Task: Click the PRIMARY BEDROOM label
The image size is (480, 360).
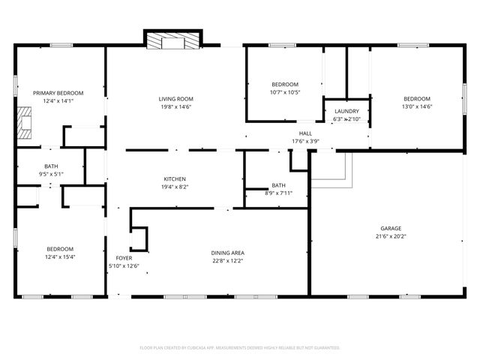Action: (58, 93)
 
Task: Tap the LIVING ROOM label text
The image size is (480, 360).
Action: (176, 99)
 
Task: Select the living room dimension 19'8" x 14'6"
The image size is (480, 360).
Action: (176, 106)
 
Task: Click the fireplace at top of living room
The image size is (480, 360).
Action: (173, 40)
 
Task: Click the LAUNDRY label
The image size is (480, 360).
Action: (346, 111)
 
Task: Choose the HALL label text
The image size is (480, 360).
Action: (305, 133)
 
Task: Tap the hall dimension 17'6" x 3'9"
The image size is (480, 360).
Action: (305, 140)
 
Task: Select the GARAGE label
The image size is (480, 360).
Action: (390, 228)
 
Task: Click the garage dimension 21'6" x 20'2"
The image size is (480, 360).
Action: (390, 235)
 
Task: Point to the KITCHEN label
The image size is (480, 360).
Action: (175, 179)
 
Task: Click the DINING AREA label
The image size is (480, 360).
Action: (227, 253)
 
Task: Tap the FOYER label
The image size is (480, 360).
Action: (124, 258)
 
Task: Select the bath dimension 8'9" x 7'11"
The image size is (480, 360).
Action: (278, 193)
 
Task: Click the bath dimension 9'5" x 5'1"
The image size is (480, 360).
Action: (51, 174)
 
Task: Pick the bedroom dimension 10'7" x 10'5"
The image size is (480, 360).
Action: (285, 92)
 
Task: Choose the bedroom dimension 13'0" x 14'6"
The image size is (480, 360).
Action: (417, 106)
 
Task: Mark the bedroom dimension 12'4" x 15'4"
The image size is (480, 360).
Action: (60, 256)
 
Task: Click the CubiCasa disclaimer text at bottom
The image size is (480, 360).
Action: (240, 348)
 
